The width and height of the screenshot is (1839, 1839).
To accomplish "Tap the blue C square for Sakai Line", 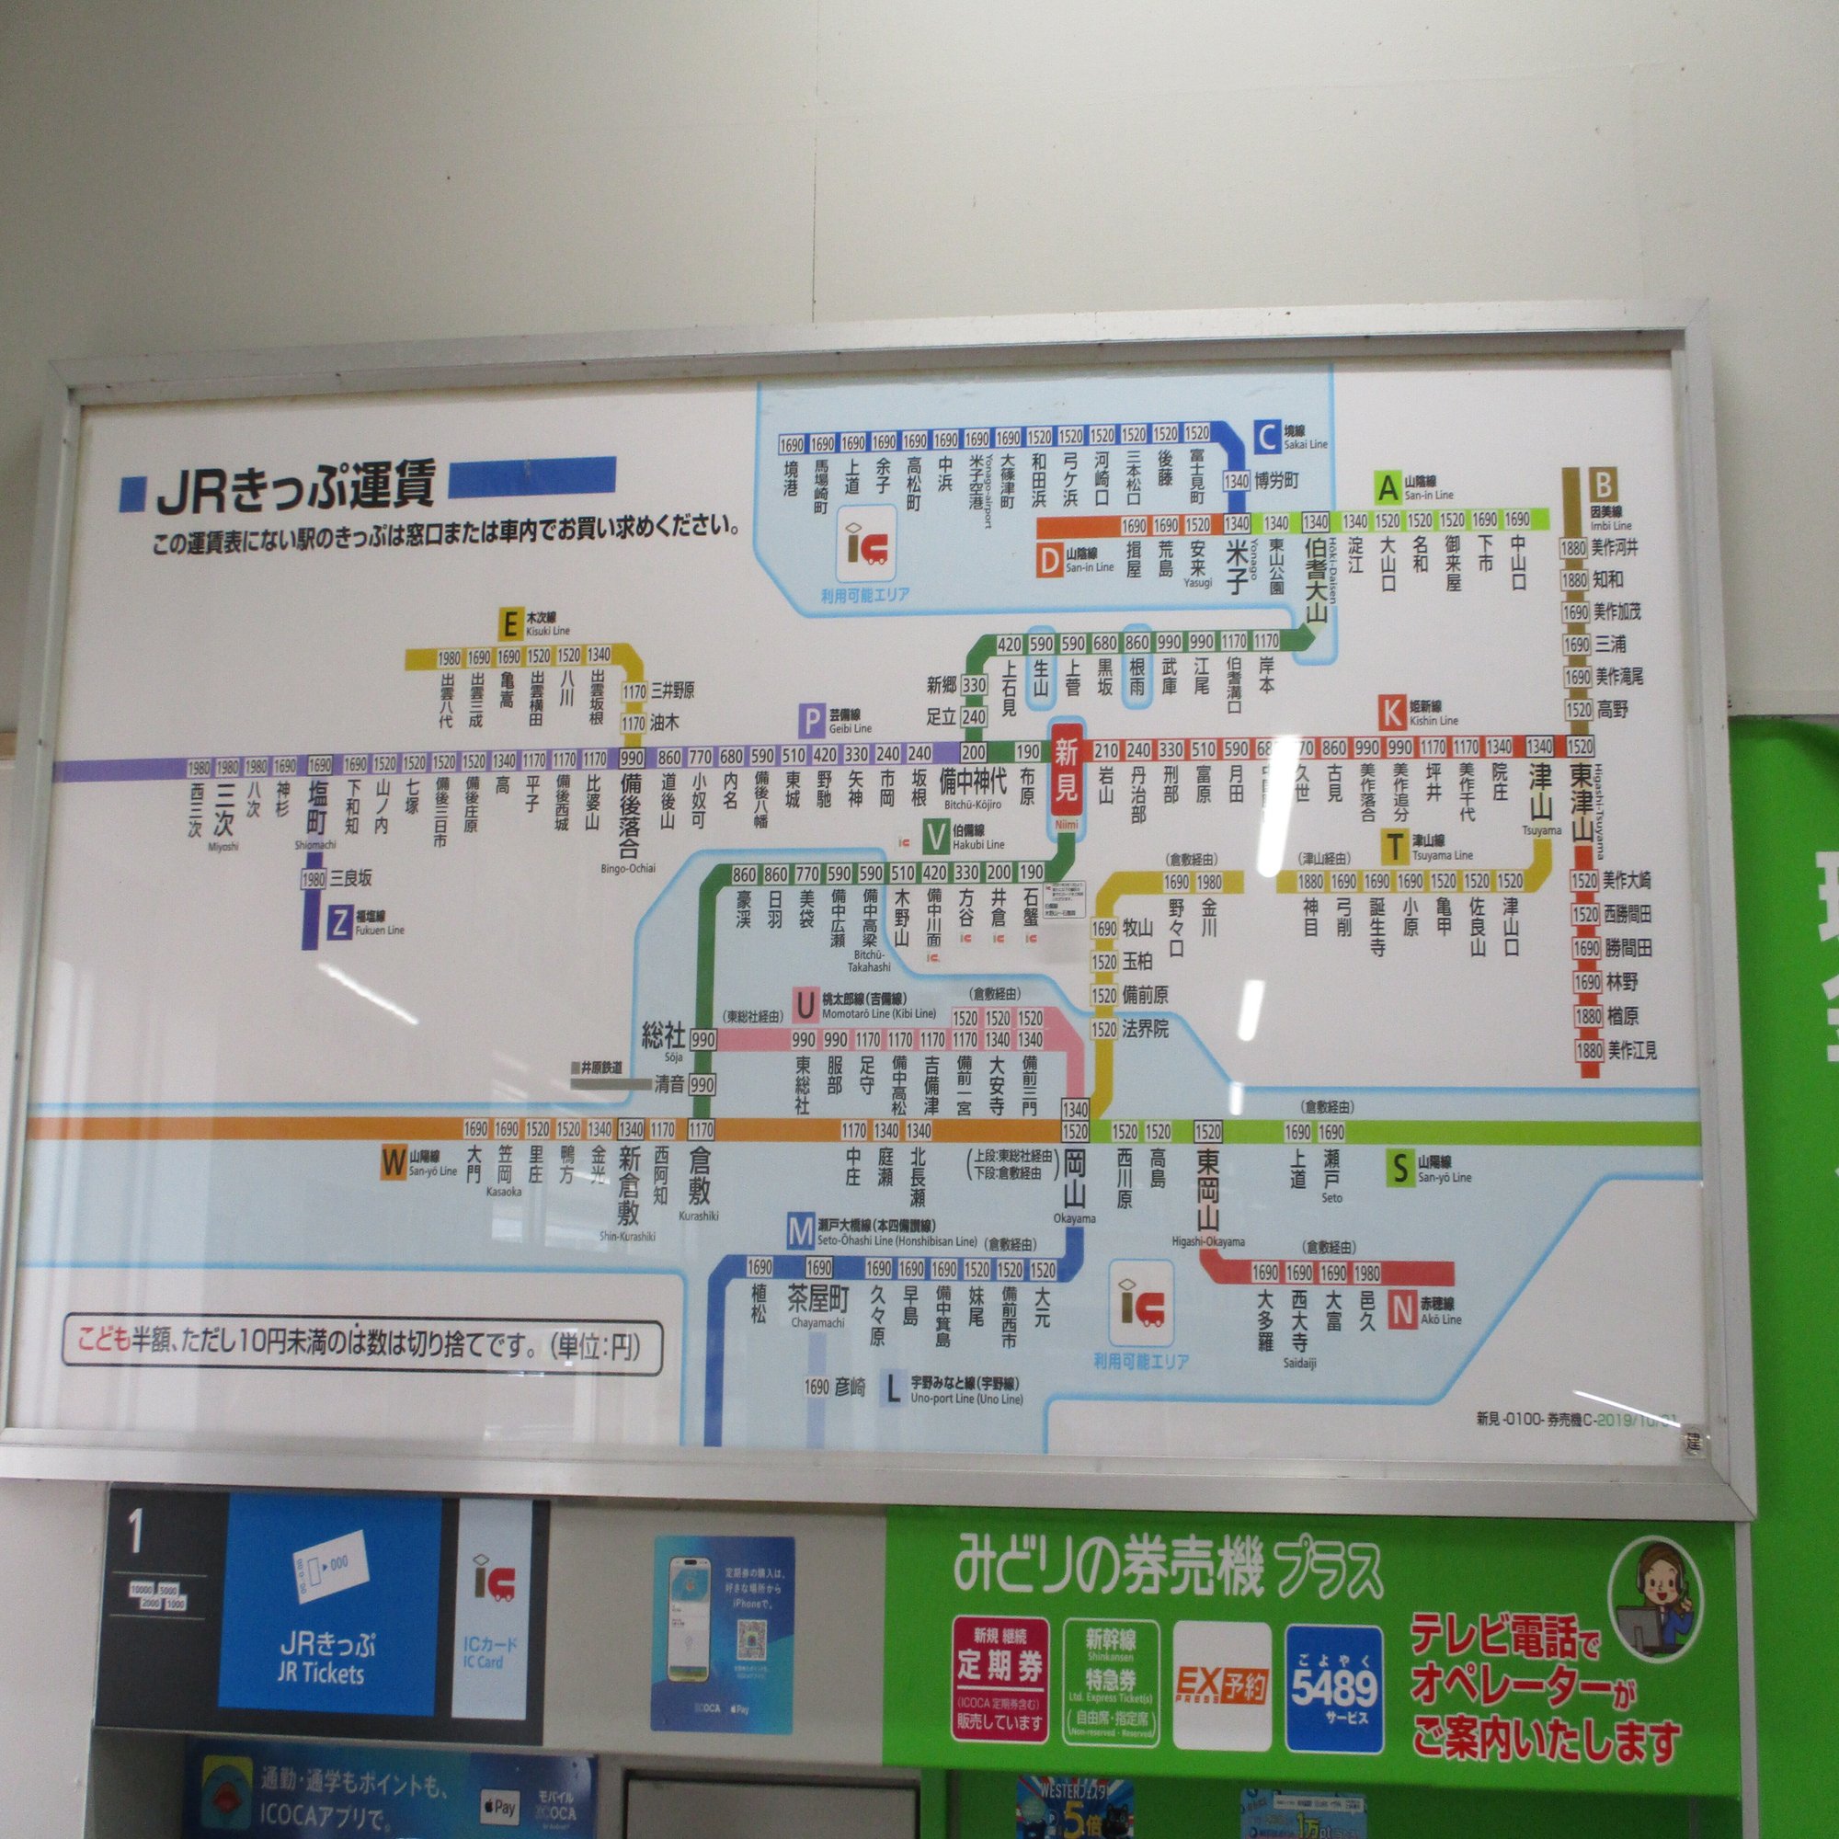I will (x=1267, y=438).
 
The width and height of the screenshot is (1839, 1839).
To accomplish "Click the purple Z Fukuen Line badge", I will (x=337, y=923).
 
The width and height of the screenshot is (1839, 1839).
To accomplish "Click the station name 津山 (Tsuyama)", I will (x=1540, y=786).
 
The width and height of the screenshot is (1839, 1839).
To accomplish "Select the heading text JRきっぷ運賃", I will (x=296, y=487).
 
